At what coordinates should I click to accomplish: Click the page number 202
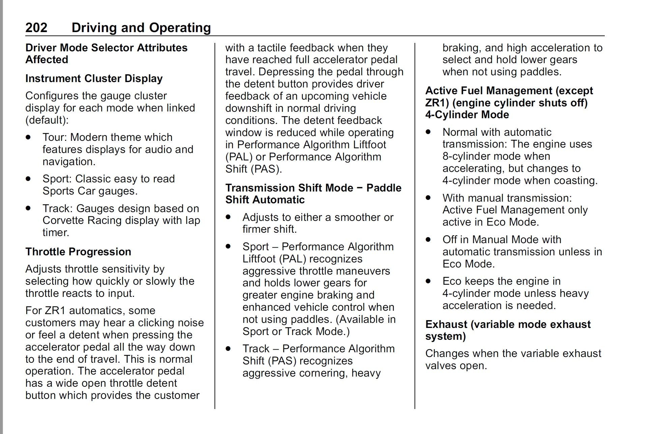[36, 28]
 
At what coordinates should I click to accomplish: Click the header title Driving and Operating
[141, 28]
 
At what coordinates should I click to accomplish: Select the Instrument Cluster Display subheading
[94, 78]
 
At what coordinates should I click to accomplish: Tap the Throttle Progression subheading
[78, 252]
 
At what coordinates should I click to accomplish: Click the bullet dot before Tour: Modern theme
[28, 137]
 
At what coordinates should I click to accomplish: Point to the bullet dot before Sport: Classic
[28, 179]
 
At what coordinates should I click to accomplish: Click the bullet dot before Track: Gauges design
[28, 208]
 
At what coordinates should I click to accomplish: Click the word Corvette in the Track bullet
[63, 221]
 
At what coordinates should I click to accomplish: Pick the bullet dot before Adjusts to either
[228, 217]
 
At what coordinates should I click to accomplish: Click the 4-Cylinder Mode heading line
[467, 115]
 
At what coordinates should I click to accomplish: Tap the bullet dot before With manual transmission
[428, 198]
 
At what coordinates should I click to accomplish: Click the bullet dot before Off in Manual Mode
[428, 239]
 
